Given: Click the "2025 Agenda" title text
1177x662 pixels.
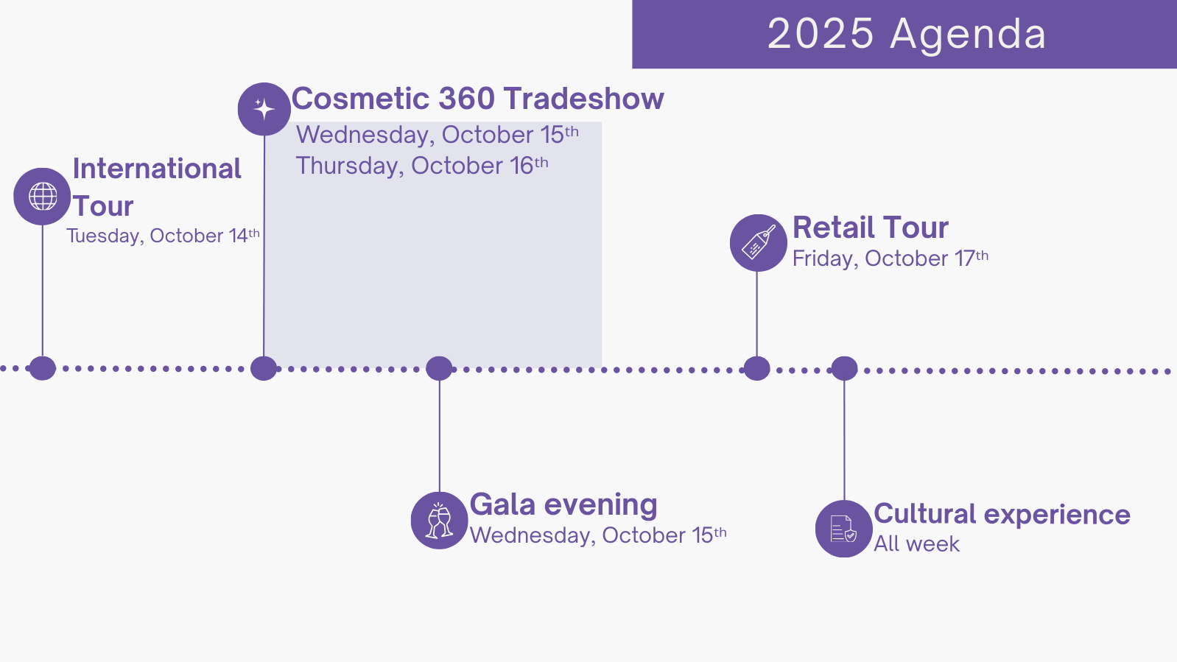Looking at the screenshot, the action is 907,34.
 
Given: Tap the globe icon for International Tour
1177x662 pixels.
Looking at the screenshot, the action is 43,197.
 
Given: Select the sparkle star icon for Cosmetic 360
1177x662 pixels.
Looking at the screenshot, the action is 264,109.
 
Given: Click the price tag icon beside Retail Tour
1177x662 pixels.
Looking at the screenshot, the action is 758,243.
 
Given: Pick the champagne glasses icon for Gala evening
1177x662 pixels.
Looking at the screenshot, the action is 439,520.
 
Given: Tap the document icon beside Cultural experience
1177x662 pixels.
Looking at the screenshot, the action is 844,529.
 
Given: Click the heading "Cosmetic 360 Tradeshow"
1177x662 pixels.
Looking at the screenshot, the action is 477,99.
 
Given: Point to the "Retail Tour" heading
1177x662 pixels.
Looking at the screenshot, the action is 870,228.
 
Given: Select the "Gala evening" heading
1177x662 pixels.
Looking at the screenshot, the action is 563,505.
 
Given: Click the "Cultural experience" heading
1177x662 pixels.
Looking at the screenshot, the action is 1002,515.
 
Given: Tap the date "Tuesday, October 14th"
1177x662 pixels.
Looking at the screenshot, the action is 163,236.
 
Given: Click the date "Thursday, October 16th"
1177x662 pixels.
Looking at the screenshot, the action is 422,166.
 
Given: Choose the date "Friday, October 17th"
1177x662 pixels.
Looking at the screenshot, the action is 890,258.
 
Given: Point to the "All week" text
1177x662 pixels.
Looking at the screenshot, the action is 916,543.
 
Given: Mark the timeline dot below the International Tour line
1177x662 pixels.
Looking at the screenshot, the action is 43,368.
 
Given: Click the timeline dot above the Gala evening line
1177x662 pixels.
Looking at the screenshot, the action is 439,368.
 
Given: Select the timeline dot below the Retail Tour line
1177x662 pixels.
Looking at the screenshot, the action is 757,368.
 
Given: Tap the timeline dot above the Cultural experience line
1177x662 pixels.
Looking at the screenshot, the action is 844,368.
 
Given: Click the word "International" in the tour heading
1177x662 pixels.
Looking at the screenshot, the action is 157,169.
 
